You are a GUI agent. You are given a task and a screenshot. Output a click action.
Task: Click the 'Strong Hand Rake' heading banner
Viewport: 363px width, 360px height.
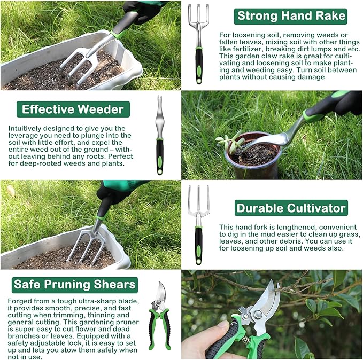(x=290, y=16)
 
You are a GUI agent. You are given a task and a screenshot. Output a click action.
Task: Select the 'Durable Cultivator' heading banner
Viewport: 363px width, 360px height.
(x=291, y=208)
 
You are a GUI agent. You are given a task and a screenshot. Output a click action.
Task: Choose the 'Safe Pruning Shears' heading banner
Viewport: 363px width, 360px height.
(x=75, y=284)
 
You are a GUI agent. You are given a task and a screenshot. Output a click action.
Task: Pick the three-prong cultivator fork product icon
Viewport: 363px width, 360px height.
(x=198, y=224)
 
